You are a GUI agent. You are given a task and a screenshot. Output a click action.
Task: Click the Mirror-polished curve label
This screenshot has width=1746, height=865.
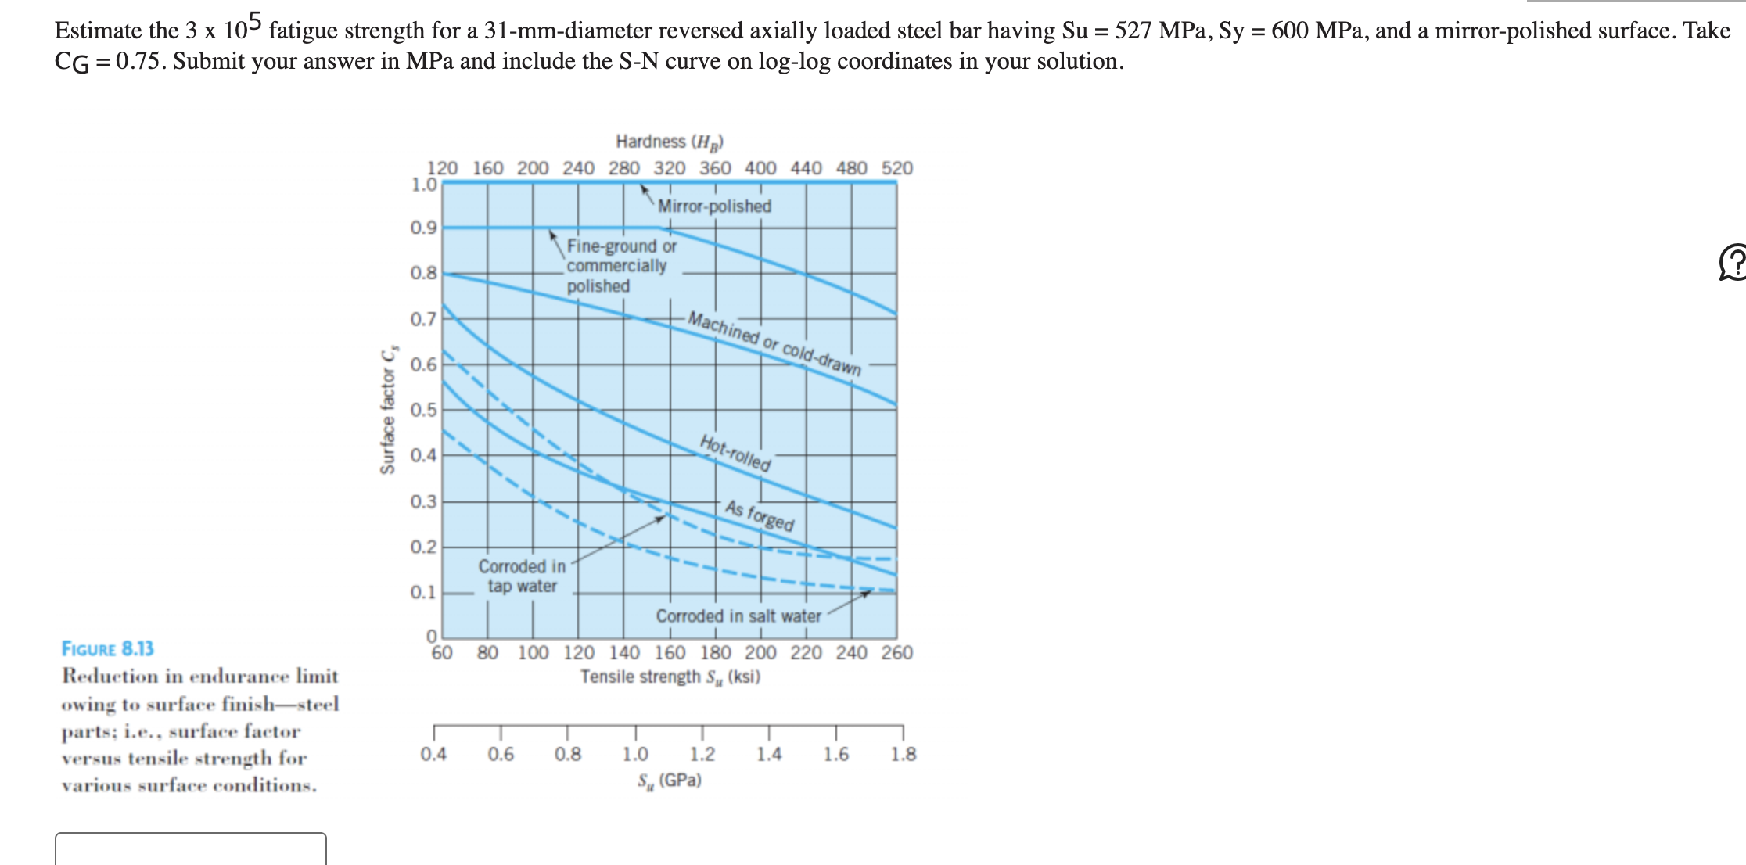click(x=713, y=206)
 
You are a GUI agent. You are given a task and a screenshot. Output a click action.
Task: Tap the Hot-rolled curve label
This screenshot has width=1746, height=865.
click(x=735, y=453)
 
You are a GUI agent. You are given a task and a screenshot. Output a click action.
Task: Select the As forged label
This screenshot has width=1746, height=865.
click(x=760, y=515)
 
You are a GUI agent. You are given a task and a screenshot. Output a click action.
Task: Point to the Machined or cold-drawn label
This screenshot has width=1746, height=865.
click(x=774, y=343)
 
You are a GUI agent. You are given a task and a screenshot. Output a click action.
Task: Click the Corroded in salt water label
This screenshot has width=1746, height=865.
click(x=738, y=616)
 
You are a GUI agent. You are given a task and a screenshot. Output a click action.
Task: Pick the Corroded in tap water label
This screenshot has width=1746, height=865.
click(x=522, y=576)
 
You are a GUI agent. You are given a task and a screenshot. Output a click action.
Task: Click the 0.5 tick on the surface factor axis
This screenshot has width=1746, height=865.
click(x=423, y=410)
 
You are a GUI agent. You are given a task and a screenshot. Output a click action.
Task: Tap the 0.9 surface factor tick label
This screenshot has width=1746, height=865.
click(x=423, y=228)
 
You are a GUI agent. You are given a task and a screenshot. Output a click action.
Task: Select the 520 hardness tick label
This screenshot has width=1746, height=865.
click(x=897, y=168)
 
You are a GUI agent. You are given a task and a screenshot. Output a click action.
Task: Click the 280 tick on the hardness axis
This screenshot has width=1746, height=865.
click(x=624, y=168)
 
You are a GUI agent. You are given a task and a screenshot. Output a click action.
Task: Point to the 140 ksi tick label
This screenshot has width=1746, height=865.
click(x=624, y=652)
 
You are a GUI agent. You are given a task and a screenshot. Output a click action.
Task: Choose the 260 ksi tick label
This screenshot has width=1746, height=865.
click(x=897, y=652)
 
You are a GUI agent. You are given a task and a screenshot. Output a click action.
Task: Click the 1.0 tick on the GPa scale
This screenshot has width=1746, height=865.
click(x=635, y=754)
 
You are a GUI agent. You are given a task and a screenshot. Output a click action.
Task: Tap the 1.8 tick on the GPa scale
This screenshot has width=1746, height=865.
click(x=904, y=754)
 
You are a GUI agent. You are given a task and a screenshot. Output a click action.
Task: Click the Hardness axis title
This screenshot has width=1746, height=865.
click(x=670, y=142)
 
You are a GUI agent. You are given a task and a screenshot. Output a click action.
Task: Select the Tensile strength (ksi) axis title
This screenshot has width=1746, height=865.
click(x=670, y=677)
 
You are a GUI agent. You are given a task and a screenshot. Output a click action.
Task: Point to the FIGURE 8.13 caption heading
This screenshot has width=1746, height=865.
click(x=108, y=648)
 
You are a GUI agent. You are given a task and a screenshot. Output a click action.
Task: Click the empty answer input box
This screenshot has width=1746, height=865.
click(x=191, y=849)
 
